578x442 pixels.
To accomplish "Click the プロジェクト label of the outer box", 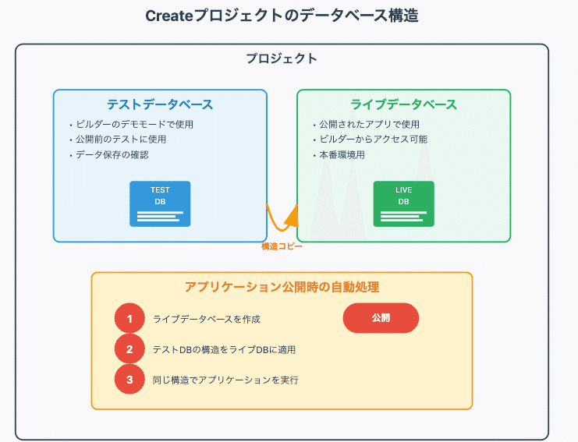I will tap(282, 58).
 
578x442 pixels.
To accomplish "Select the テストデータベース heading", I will tap(160, 104).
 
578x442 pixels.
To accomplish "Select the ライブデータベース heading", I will tap(403, 104).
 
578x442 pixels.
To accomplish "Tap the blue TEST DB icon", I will tap(160, 203).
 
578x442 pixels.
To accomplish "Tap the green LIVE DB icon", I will tap(403, 203).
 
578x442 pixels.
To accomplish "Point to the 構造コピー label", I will tap(282, 246).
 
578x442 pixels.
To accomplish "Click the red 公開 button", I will tap(381, 318).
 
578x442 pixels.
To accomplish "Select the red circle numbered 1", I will tap(129, 319).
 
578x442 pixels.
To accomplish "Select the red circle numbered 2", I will tap(129, 349).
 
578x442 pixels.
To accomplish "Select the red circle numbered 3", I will tap(129, 380).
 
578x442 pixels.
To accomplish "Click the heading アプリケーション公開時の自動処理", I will tap(282, 287).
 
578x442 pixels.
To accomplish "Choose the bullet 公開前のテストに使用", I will tap(121, 140).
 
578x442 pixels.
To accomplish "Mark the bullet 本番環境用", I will tap(342, 154).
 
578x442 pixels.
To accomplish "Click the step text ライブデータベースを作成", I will tap(206, 319).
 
